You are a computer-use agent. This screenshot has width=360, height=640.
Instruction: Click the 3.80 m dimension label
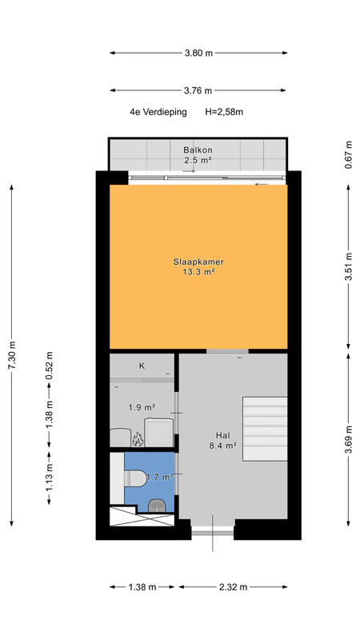(198, 53)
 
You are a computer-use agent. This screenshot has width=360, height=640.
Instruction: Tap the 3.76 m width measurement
(198, 90)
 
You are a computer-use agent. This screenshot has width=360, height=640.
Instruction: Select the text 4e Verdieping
(158, 112)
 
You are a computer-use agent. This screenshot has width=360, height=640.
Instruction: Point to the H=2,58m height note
(224, 112)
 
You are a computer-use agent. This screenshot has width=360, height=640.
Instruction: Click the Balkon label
(198, 150)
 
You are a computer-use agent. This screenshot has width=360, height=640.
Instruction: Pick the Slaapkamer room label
(198, 262)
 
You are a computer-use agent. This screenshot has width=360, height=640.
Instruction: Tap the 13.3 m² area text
(198, 272)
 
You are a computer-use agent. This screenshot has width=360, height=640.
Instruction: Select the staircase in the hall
(265, 429)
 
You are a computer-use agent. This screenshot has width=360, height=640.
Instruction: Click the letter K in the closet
(142, 366)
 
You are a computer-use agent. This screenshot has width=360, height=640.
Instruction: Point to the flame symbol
(138, 439)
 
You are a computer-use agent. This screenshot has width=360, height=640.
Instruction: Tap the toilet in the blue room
(135, 478)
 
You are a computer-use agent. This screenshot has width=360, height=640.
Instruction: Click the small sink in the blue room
(157, 506)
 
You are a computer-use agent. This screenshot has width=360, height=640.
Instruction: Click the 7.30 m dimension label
(11, 355)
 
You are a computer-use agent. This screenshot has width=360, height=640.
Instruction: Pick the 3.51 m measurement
(348, 266)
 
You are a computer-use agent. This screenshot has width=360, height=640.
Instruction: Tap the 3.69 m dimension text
(348, 438)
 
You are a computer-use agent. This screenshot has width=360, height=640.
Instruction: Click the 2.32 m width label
(233, 587)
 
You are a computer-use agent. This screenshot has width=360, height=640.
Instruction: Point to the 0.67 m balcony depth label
(348, 155)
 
